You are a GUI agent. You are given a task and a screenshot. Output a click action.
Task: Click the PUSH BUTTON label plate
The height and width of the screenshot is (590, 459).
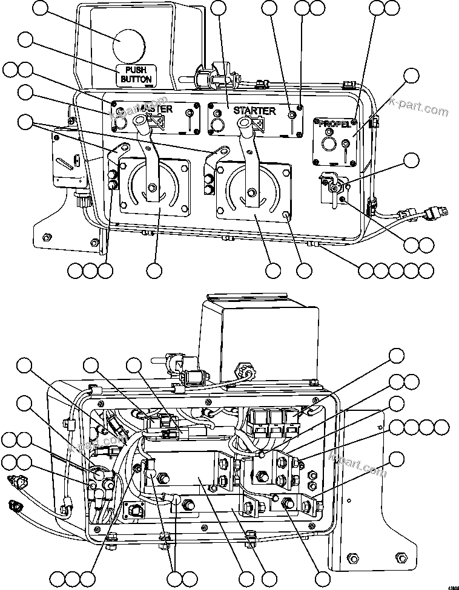(136, 74)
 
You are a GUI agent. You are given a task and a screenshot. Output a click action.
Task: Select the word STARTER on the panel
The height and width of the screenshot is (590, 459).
(254, 111)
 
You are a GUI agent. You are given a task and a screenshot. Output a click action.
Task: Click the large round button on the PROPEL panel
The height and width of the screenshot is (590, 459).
(329, 144)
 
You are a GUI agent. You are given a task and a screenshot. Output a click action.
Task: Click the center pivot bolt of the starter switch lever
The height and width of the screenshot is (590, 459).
(250, 194)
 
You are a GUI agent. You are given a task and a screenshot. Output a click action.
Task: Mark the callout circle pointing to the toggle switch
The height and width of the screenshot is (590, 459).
(411, 160)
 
